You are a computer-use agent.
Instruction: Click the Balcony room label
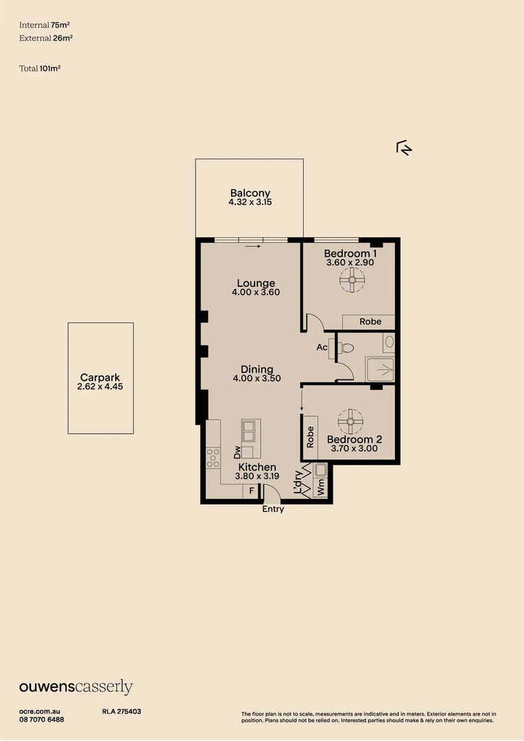(250, 193)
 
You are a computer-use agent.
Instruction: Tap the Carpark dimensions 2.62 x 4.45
(100, 387)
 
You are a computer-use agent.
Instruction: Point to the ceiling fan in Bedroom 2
(350, 419)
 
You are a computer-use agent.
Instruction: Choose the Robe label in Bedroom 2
(310, 437)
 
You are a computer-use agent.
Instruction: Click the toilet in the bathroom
(344, 347)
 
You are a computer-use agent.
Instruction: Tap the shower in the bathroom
(379, 370)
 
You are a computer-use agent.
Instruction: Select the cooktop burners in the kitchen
(213, 457)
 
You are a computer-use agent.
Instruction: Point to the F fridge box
(252, 491)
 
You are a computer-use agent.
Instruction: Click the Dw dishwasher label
(238, 452)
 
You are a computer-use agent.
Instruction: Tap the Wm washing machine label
(320, 490)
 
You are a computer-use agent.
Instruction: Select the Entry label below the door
(273, 509)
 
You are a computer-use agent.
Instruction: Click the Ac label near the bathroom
(321, 347)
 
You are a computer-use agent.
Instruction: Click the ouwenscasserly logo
(75, 687)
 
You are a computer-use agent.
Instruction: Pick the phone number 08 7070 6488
(42, 720)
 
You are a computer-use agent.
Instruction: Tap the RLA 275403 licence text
(121, 712)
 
